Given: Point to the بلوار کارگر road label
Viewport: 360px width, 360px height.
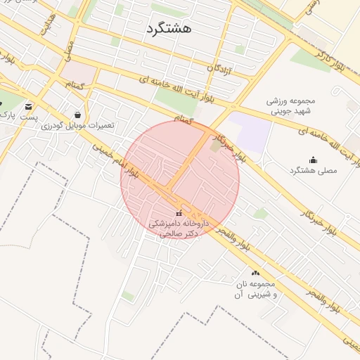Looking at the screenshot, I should [330, 58].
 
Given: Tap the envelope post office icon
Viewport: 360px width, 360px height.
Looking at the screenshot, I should [28, 105].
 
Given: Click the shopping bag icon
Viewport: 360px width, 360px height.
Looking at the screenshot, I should [77, 114].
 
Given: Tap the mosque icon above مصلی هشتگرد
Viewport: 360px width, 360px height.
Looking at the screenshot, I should [313, 160].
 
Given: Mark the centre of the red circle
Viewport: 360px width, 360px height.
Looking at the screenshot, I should [179, 180].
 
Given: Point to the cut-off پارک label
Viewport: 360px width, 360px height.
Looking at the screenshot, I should [7, 113].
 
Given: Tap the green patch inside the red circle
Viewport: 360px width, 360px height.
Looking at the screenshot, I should [214, 146].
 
